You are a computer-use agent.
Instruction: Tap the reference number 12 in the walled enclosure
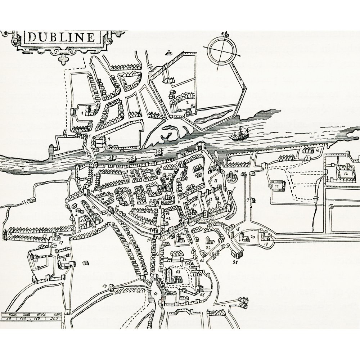click(x=346, y=173)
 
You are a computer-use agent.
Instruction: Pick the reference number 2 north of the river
click(x=188, y=102)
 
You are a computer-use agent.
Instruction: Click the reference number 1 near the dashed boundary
click(x=82, y=113)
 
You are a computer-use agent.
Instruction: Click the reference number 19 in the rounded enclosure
click(x=266, y=244)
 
